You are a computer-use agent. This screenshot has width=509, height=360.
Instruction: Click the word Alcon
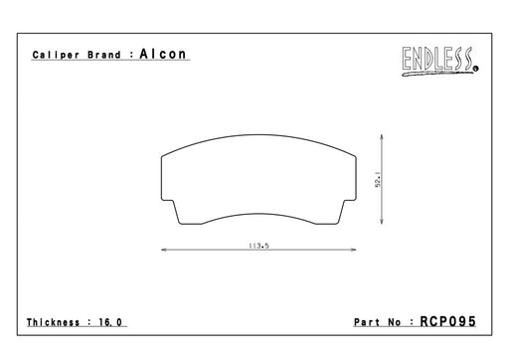(163, 54)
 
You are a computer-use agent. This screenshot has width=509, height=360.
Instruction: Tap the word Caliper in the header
(56, 55)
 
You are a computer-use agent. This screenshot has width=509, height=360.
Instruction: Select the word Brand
(104, 55)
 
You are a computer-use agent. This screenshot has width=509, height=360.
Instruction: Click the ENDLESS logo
(438, 61)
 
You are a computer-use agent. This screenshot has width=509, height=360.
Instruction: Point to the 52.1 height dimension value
(378, 180)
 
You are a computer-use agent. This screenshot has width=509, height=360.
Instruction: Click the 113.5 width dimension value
(258, 246)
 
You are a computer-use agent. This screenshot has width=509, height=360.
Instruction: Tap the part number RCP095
(447, 321)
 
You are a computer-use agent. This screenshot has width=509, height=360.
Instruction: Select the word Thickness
(53, 322)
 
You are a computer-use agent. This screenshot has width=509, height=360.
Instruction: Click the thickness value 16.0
(110, 322)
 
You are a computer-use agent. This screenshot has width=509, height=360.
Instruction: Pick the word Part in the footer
(367, 322)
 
